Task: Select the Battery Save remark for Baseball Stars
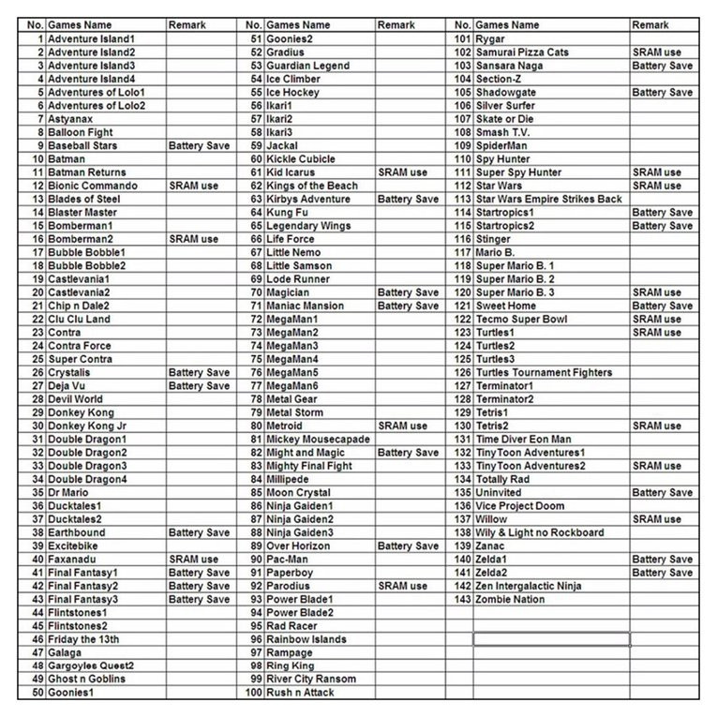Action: tap(199, 146)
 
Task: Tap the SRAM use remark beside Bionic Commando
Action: tap(193, 186)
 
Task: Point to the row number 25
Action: tap(37, 359)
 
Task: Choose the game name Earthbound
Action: tap(77, 532)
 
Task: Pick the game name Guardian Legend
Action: tap(308, 66)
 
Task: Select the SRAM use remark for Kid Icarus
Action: tap(402, 172)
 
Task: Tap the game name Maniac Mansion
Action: tap(306, 306)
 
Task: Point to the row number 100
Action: tap(253, 693)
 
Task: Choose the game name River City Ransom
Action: tap(311, 680)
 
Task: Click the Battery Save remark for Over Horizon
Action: tap(408, 545)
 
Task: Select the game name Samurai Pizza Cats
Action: tap(522, 52)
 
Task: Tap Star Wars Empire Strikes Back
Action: tap(549, 199)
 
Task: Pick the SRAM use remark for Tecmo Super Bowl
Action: tap(657, 319)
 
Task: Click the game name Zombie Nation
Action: tap(510, 599)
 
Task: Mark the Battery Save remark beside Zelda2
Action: tap(663, 573)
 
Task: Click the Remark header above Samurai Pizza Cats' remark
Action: tap(650, 25)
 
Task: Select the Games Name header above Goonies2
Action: tap(298, 25)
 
